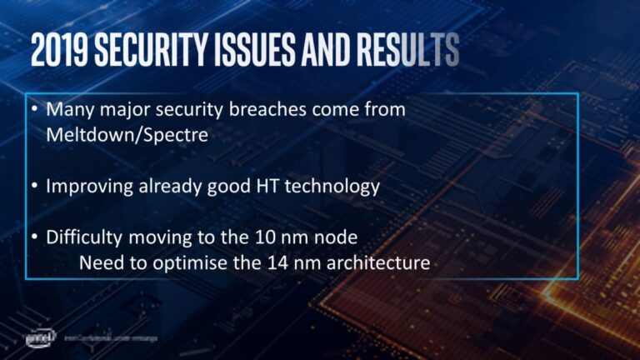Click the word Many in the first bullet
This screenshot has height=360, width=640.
click(x=67, y=109)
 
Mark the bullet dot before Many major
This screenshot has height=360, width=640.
click(x=33, y=110)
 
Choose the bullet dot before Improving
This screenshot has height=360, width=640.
click(x=33, y=186)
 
